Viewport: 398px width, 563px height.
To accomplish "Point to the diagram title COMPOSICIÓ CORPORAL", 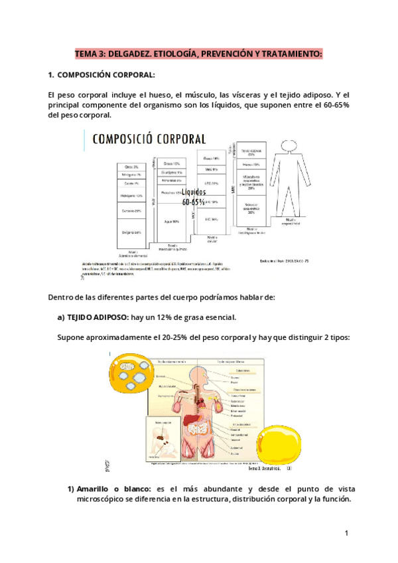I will (149, 139).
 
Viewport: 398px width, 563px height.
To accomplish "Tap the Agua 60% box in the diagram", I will (170, 221).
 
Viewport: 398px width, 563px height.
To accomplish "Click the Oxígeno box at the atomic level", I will (131, 232).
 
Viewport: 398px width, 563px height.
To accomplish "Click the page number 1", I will (347, 534).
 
